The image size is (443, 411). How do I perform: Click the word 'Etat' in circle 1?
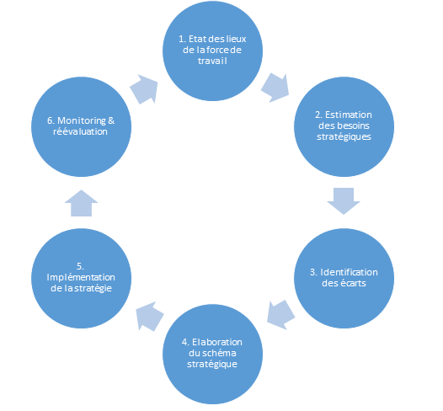pyautogui.click(x=195, y=39)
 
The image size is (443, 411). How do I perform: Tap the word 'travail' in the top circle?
pyautogui.click(x=212, y=61)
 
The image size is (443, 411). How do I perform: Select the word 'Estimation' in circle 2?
pyautogui.click(x=349, y=115)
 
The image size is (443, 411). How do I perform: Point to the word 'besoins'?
pyautogui.click(x=353, y=125)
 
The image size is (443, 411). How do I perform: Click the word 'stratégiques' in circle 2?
pyautogui.click(x=344, y=137)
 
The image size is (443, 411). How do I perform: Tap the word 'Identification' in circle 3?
pyautogui.click(x=349, y=272)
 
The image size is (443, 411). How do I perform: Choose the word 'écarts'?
pyautogui.click(x=352, y=283)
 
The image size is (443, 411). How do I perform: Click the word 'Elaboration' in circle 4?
pyautogui.click(x=217, y=342)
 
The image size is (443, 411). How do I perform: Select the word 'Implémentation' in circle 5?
pyautogui.click(x=81, y=278)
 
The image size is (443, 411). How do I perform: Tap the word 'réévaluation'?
pyautogui.click(x=80, y=131)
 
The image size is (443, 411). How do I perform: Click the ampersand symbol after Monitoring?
pyautogui.click(x=111, y=121)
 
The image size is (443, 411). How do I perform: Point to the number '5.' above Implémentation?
pyautogui.click(x=80, y=266)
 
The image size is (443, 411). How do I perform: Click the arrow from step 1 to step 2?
pyautogui.click(x=275, y=88)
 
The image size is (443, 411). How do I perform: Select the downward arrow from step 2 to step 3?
pyautogui.click(x=344, y=200)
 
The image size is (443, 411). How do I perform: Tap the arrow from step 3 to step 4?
pyautogui.click(x=280, y=315)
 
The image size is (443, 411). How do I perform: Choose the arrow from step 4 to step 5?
pyautogui.click(x=149, y=316)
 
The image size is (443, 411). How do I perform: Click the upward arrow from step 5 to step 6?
pyautogui.click(x=82, y=203)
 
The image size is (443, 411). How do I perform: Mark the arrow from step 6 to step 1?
pyautogui.click(x=144, y=89)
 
